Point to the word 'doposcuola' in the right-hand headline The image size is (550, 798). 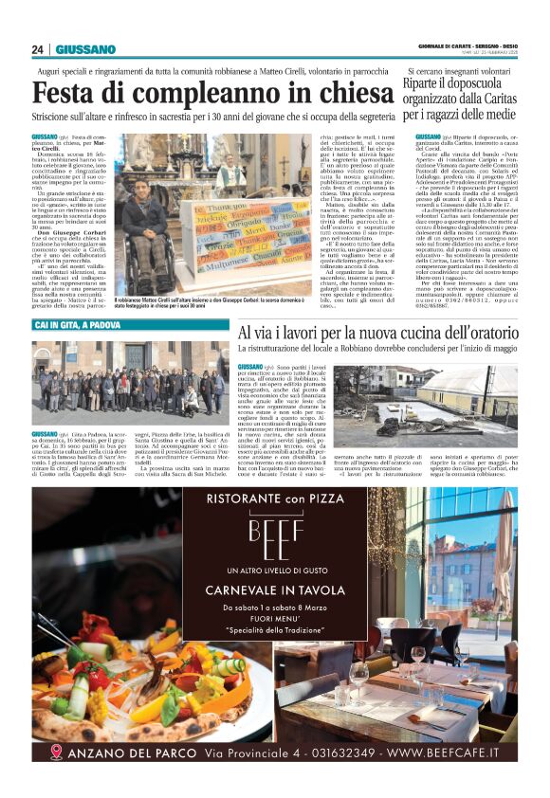click(487, 83)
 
